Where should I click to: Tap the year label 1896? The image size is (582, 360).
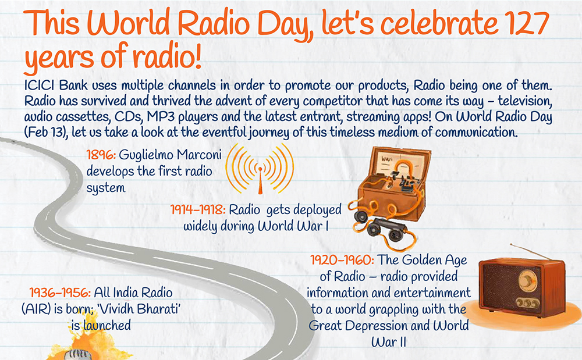coord(101,155)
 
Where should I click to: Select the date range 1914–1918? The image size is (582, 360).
coord(198,210)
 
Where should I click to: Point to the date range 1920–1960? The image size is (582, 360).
coord(342,260)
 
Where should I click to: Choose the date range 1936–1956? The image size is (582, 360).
coord(60,293)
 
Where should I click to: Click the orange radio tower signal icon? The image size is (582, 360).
coord(260,169)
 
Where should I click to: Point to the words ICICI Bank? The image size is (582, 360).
coord(56,85)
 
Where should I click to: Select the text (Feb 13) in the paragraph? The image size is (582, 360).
coord(46,133)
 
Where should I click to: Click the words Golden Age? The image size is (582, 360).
coord(434,261)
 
